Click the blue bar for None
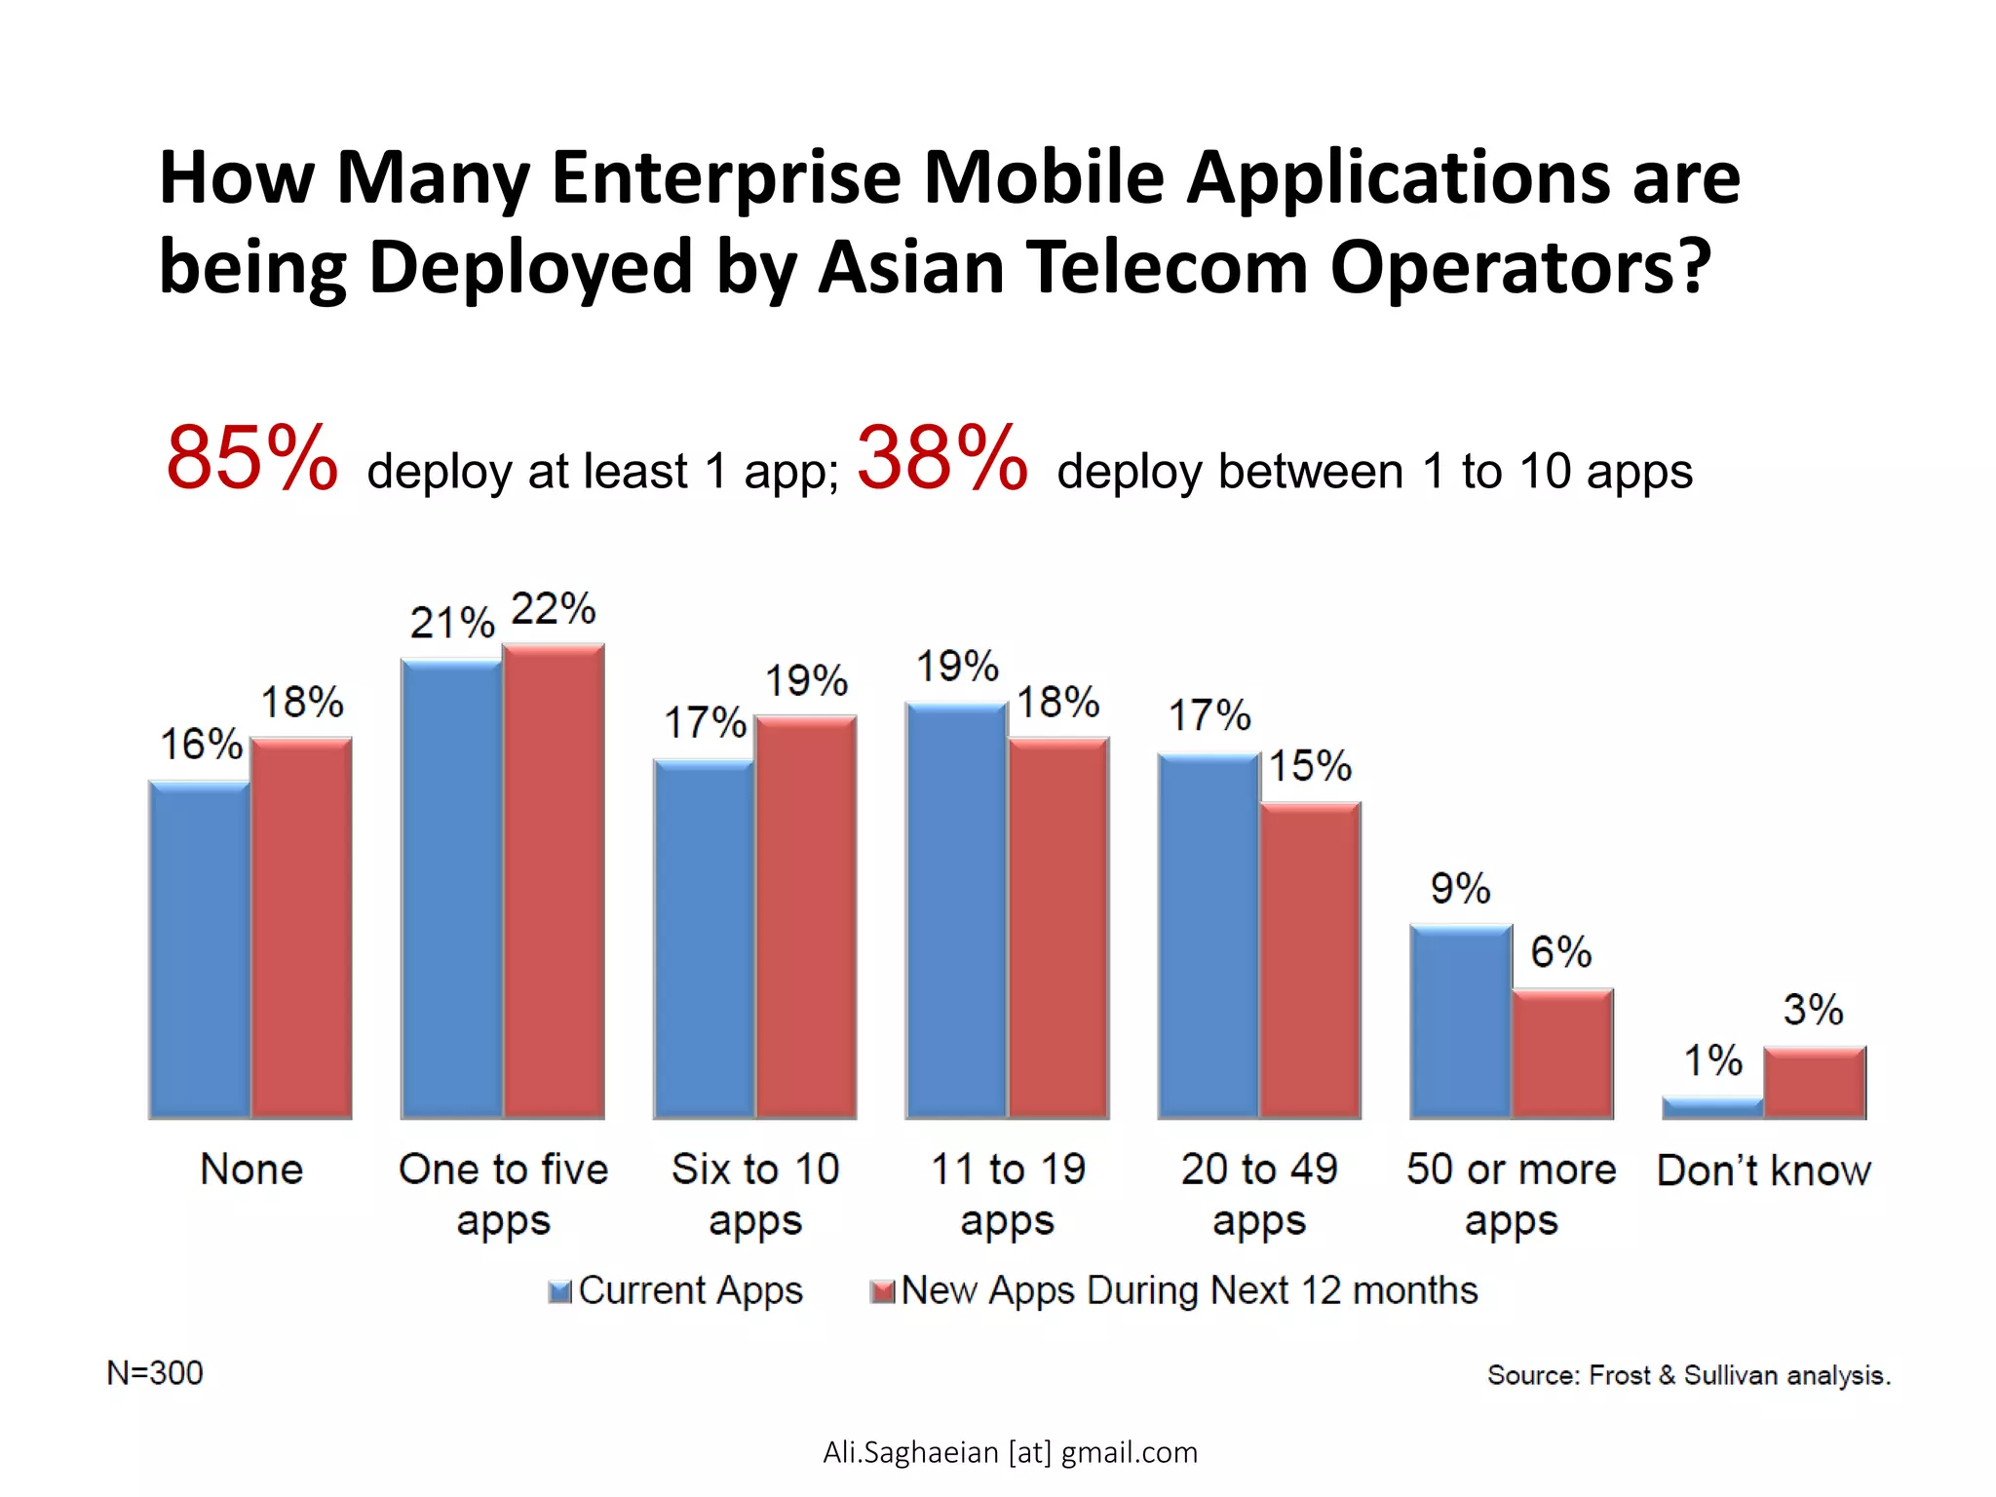click(x=199, y=950)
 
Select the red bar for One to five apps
click(x=554, y=882)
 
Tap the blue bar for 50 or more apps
click(x=1461, y=1021)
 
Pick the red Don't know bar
click(x=1815, y=1083)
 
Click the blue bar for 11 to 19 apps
click(x=956, y=911)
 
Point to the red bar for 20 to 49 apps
click(x=1310, y=961)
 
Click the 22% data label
click(x=553, y=609)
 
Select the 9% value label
click(x=1460, y=889)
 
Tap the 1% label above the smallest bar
click(x=1712, y=1060)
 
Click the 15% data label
click(x=1310, y=766)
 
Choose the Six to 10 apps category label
click(x=755, y=1194)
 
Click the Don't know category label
click(x=1763, y=1171)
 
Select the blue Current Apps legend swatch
click(x=559, y=1292)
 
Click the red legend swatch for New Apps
click(x=882, y=1292)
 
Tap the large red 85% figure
click(x=251, y=458)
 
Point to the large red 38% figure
click(x=941, y=458)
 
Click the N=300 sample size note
click(x=155, y=1373)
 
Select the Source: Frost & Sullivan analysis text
click(x=1688, y=1375)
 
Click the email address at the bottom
click(x=1010, y=1452)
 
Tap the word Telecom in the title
click(x=1166, y=266)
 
